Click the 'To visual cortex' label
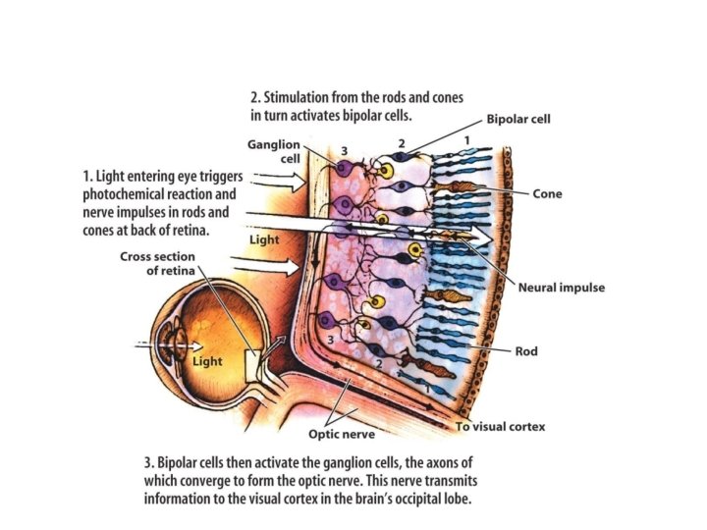500,427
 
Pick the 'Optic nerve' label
340,433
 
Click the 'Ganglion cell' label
274,151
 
